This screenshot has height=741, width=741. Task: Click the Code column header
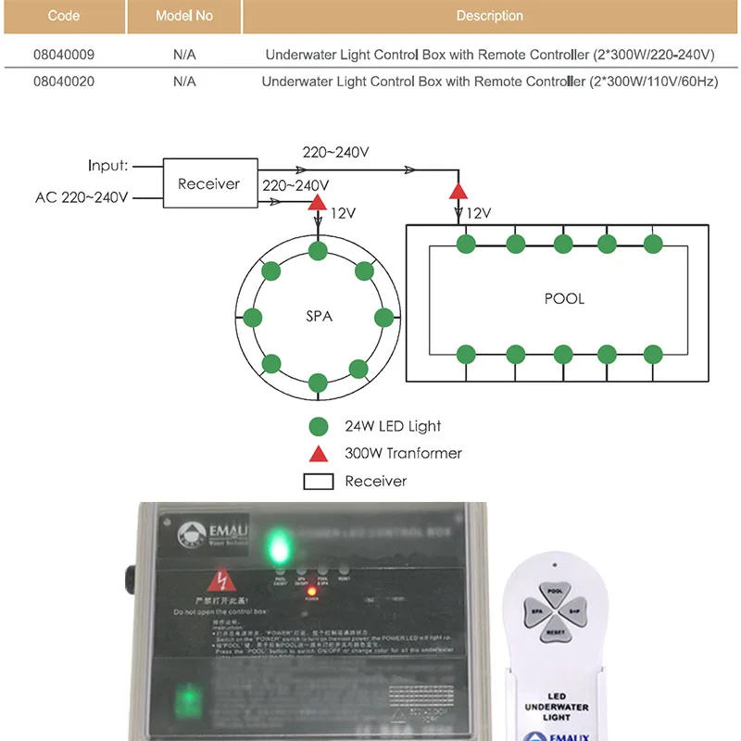tap(64, 16)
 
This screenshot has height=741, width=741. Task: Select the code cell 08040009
tap(64, 55)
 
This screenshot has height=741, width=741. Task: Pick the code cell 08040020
tap(64, 82)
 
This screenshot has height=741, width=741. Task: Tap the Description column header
tap(489, 16)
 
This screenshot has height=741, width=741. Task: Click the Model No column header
tap(184, 16)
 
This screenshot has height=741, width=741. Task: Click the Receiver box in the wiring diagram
tap(208, 183)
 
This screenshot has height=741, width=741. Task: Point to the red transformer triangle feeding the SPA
tap(318, 201)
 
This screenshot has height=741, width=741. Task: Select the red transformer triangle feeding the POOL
tap(458, 191)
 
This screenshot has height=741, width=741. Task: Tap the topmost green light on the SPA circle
tap(318, 251)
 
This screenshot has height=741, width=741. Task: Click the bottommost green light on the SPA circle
tap(318, 382)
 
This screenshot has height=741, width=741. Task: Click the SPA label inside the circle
tap(319, 316)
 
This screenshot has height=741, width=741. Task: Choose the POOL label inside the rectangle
tap(564, 299)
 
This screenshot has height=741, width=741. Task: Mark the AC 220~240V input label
tap(82, 197)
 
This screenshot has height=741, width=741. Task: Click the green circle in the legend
tap(318, 426)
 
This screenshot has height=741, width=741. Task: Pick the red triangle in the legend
tap(318, 453)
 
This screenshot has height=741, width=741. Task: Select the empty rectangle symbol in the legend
tap(318, 481)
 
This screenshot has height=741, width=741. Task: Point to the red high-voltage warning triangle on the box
tap(220, 582)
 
